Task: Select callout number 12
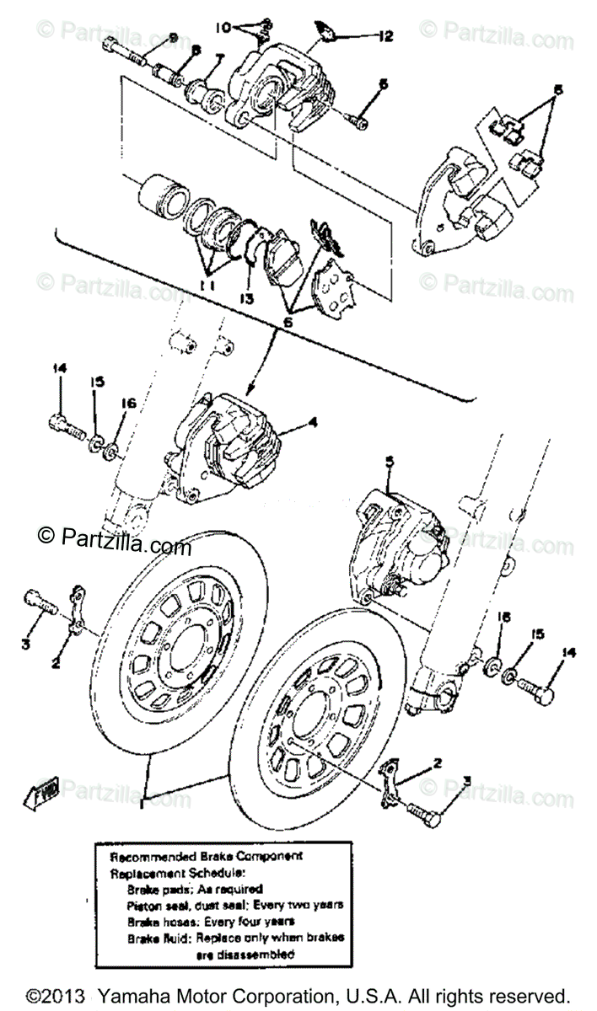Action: [x=386, y=36]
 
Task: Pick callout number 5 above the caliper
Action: [x=389, y=461]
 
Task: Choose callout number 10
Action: [x=223, y=27]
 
